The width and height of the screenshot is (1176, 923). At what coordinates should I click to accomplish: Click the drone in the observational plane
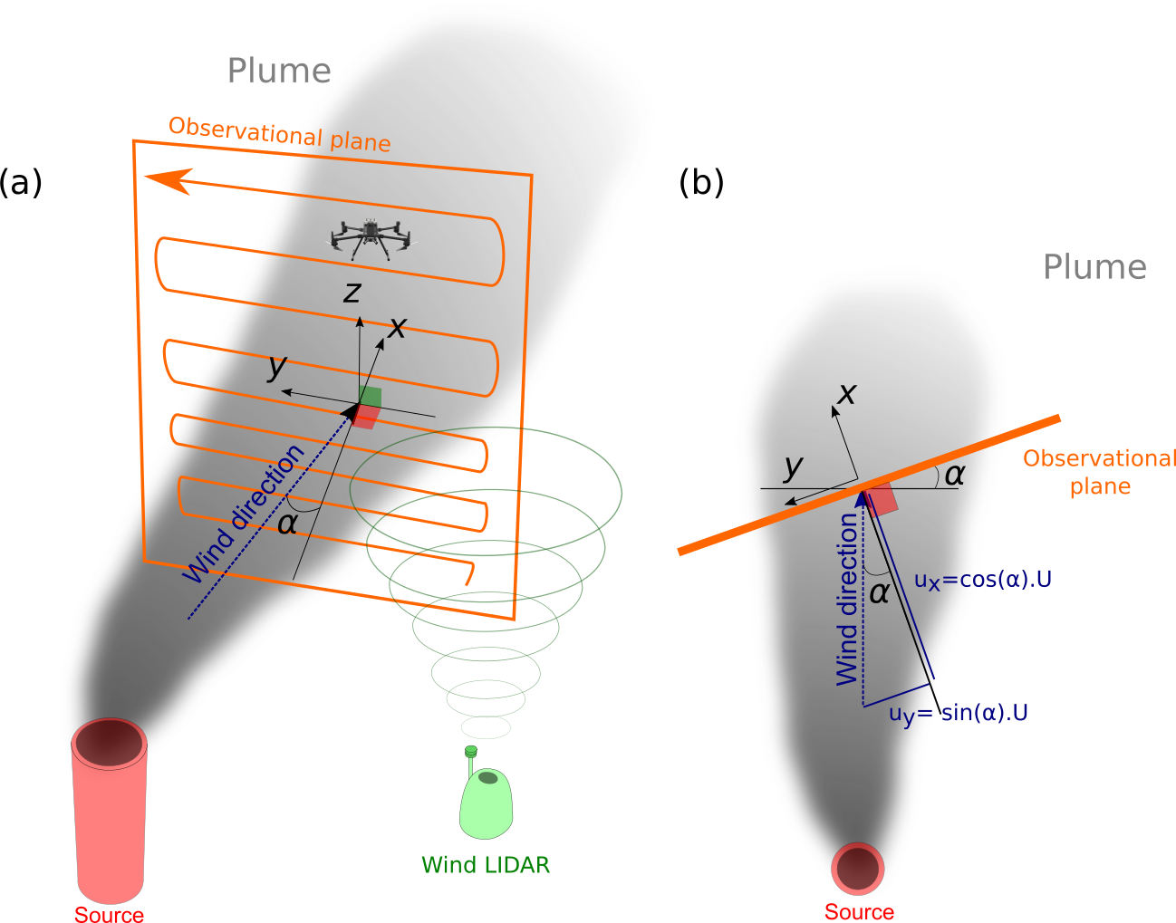click(370, 237)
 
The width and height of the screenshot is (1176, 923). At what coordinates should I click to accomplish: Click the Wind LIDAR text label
click(486, 865)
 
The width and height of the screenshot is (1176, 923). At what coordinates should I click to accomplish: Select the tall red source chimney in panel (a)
click(110, 806)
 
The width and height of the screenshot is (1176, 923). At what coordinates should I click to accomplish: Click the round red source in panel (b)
click(857, 868)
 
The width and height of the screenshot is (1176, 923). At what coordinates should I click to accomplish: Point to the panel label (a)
click(21, 182)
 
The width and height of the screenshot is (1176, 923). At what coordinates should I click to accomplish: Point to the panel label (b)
click(701, 182)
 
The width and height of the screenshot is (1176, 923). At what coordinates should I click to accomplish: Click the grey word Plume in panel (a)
click(279, 71)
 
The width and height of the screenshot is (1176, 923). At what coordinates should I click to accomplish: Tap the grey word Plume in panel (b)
click(1094, 267)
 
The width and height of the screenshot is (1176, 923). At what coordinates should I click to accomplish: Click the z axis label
click(352, 292)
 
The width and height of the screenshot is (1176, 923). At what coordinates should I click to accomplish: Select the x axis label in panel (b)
click(847, 393)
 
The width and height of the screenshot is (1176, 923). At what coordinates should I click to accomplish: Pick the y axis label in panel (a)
click(277, 366)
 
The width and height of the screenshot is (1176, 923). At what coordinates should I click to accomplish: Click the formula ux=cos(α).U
click(983, 580)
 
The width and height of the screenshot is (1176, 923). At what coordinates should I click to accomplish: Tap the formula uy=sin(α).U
click(959, 714)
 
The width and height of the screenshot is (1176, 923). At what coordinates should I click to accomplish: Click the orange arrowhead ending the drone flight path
click(168, 180)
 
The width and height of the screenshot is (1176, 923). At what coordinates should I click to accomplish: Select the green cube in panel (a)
click(370, 397)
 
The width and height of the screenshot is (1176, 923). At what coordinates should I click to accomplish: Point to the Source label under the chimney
click(109, 915)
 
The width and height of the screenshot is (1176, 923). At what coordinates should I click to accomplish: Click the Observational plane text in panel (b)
click(1100, 472)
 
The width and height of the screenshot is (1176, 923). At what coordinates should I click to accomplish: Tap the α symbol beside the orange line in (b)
click(955, 474)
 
